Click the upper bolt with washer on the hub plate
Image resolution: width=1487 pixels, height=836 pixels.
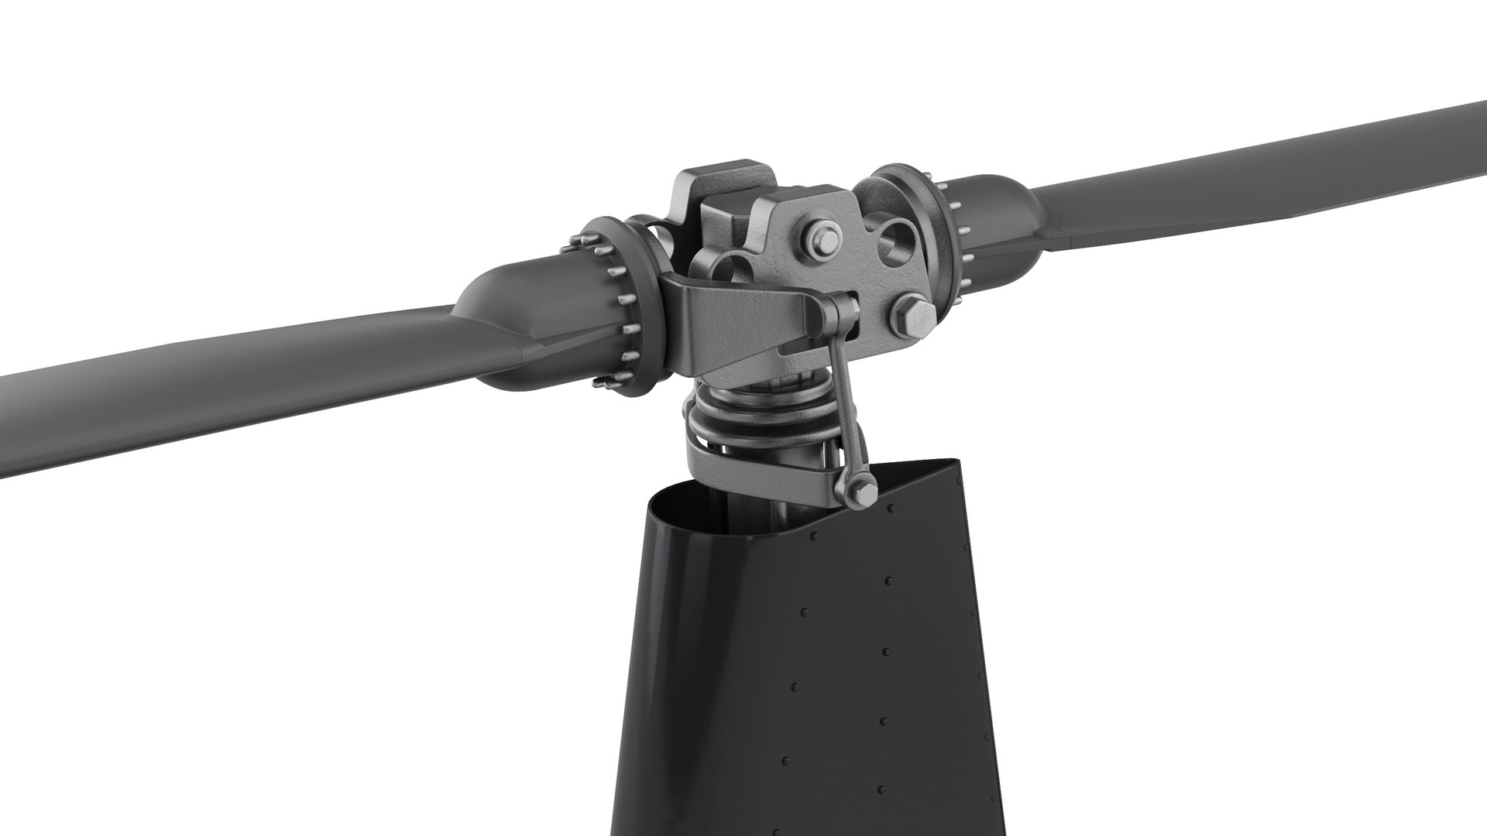click(x=823, y=239)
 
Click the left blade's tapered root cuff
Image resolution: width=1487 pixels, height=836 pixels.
click(x=496, y=325)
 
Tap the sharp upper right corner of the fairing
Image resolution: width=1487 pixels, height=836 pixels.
click(x=959, y=462)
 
